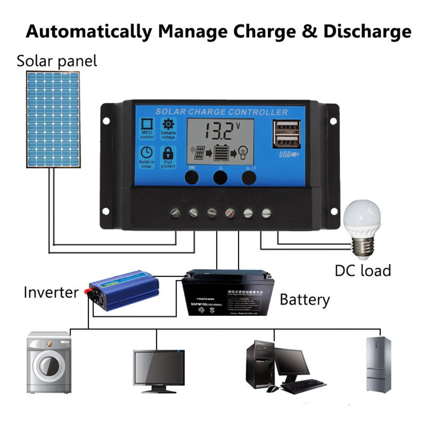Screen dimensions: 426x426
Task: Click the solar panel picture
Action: click(x=53, y=119)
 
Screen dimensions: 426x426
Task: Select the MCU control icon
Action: click(x=147, y=125)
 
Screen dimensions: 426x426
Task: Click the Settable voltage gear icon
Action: click(x=168, y=125)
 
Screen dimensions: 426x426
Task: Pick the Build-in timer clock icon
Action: click(x=147, y=153)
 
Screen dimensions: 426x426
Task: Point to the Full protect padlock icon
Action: click(x=168, y=153)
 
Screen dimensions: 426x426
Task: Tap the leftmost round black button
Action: click(x=192, y=177)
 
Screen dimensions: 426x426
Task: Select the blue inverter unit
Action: click(x=122, y=290)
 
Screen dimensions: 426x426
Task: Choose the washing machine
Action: click(x=49, y=362)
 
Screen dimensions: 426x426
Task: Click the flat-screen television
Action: click(x=159, y=369)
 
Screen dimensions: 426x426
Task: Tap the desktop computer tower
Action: click(x=259, y=366)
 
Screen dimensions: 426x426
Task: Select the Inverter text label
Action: click(x=51, y=293)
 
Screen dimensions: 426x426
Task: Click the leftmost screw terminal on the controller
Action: click(x=175, y=213)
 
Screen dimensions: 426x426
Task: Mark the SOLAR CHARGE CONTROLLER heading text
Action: click(x=222, y=112)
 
